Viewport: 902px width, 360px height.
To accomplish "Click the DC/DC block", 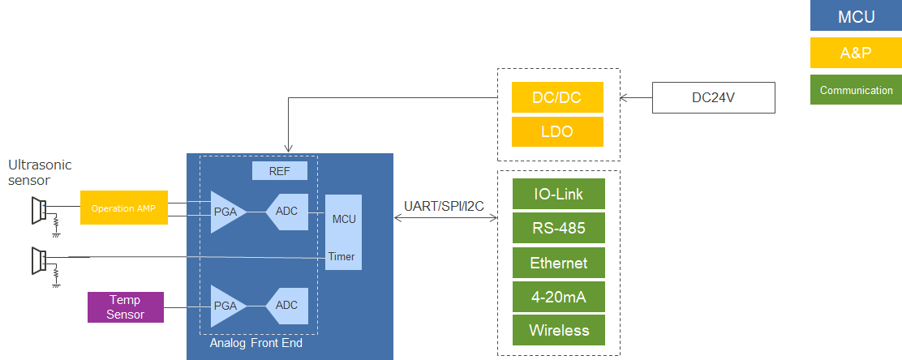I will (557, 97).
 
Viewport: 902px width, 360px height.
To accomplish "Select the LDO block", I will (557, 131).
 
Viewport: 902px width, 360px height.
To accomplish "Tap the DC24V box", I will (714, 97).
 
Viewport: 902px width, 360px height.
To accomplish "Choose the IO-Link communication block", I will (559, 195).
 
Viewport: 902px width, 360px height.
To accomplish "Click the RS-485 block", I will (559, 229).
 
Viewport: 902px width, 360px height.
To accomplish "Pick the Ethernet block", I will (559, 263).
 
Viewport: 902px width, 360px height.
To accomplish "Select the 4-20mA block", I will (559, 297).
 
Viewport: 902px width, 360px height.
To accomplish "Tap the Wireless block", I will (559, 330).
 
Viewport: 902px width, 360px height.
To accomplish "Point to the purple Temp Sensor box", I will (125, 307).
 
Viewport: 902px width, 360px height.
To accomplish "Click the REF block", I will (279, 171).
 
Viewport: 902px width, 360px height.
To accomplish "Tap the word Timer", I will (341, 256).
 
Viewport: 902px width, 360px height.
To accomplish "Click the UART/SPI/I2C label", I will (444, 206).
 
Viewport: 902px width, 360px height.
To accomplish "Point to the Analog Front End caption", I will (256, 343).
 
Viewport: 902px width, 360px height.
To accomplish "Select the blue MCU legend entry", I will (856, 17).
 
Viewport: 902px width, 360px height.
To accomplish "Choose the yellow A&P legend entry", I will (856, 54).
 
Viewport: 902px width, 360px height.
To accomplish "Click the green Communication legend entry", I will (856, 90).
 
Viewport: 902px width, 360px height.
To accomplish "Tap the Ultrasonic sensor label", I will (40, 172).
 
